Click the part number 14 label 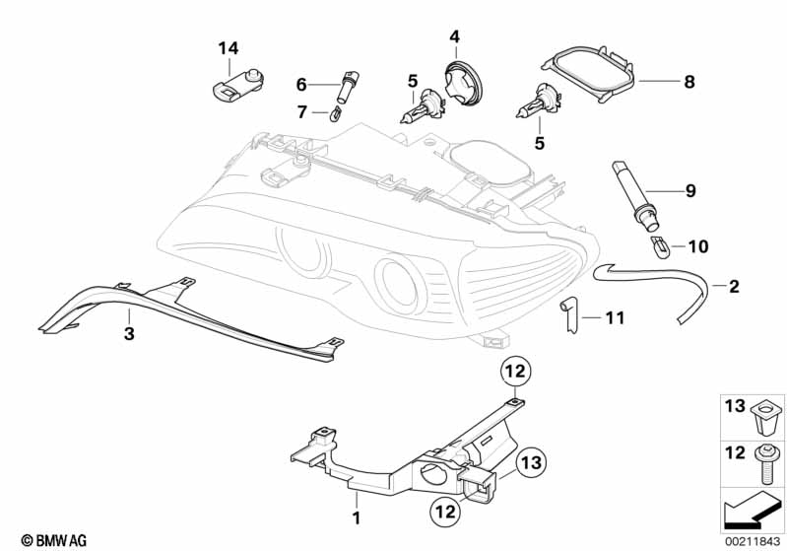(229, 47)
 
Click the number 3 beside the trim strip (128, 334)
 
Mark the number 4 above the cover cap (455, 36)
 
